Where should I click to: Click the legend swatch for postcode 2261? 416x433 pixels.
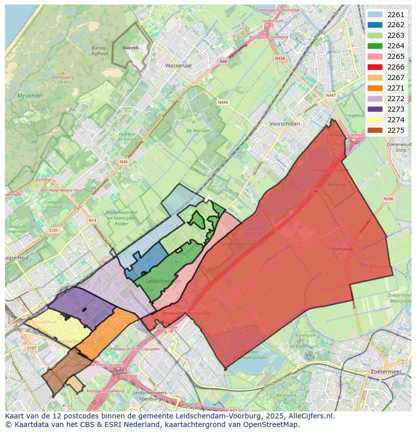tap(375, 15)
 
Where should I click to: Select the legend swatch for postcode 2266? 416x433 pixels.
tap(375, 67)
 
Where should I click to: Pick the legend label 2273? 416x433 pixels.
tap(396, 109)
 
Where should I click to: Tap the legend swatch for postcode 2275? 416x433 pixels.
tap(375, 130)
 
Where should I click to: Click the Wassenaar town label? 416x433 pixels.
tap(179, 65)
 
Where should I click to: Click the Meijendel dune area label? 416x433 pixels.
tap(30, 95)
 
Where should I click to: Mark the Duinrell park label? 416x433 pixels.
tap(130, 48)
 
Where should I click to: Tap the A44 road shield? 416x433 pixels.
tap(223, 61)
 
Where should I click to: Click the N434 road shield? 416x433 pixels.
tap(280, 58)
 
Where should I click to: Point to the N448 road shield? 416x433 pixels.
tap(223, 102)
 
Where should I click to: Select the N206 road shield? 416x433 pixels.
tap(388, 199)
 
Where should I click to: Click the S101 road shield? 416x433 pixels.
tap(53, 230)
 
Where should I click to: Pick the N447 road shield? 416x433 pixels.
tap(331, 95)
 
